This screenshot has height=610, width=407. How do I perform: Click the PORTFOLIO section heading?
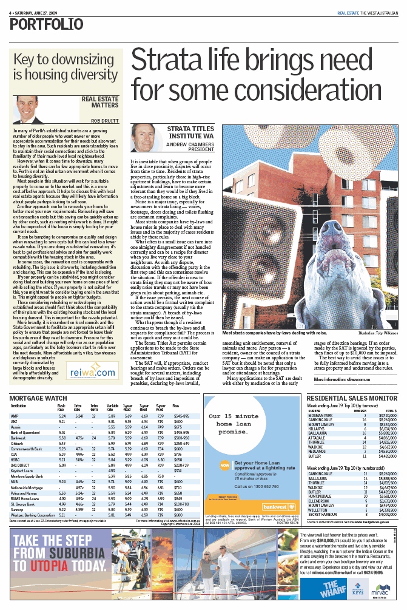47,24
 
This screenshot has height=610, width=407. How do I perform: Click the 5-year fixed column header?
160,390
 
